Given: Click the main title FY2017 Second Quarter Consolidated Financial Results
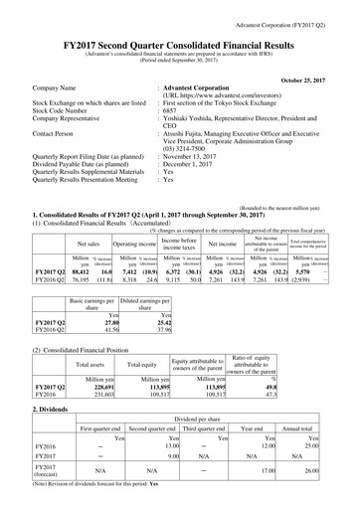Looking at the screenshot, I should [180, 31].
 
